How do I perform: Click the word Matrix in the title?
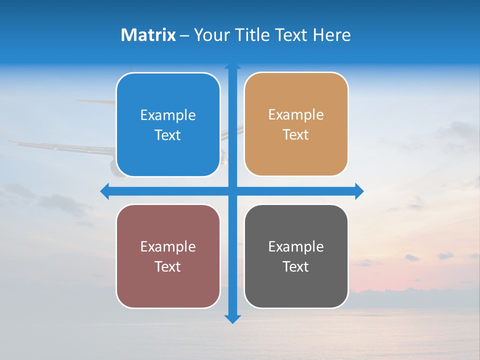point(148,35)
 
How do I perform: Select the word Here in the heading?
point(331,35)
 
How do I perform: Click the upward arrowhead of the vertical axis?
point(232,66)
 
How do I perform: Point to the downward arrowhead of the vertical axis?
point(232,319)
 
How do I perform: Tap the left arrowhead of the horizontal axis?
point(104,191)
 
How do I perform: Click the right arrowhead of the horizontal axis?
point(359,191)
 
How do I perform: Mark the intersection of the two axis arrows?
point(232,191)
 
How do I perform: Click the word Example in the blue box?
point(168,115)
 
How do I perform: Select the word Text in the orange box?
point(296,135)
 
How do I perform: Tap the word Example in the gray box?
point(296,246)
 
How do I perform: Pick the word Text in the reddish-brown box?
point(168,266)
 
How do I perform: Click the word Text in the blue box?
point(168,135)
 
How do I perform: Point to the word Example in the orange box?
point(296,115)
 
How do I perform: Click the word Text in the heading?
point(292,35)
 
